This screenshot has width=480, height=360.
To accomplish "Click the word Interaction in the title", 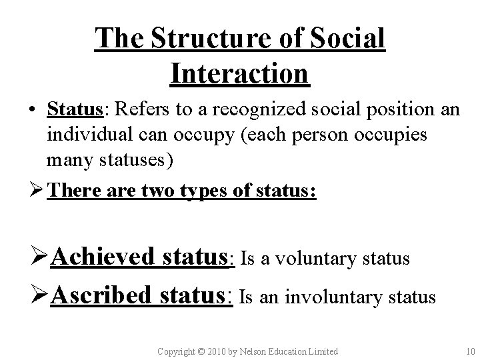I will point(240,73).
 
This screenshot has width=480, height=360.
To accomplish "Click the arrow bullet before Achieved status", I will point(40,256).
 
